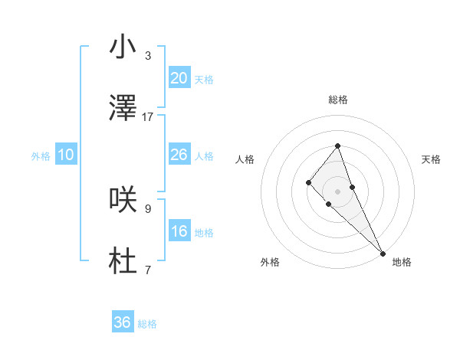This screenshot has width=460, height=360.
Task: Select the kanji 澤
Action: click(x=123, y=110)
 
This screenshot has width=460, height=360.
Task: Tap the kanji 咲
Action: click(x=123, y=199)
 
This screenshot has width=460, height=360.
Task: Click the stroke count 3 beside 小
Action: click(x=148, y=56)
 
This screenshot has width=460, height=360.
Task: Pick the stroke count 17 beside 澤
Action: click(x=148, y=117)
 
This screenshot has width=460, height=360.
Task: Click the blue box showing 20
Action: click(x=179, y=78)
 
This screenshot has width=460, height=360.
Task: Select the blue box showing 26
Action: click(x=179, y=155)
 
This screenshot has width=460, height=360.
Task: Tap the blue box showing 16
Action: click(x=179, y=231)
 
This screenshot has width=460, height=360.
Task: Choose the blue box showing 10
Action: click(x=66, y=155)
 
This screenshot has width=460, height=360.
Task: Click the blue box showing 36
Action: click(x=123, y=322)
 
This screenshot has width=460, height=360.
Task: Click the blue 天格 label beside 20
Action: click(x=204, y=80)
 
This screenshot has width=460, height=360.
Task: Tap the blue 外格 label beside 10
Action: click(x=41, y=156)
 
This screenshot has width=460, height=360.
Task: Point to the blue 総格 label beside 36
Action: click(x=147, y=324)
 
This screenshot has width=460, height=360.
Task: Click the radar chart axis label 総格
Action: click(x=337, y=100)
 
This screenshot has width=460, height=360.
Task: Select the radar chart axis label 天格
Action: click(x=431, y=159)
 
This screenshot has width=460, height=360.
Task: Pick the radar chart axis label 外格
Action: click(x=270, y=262)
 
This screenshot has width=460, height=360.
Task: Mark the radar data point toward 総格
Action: click(x=337, y=145)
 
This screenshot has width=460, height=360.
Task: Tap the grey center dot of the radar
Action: click(x=337, y=191)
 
